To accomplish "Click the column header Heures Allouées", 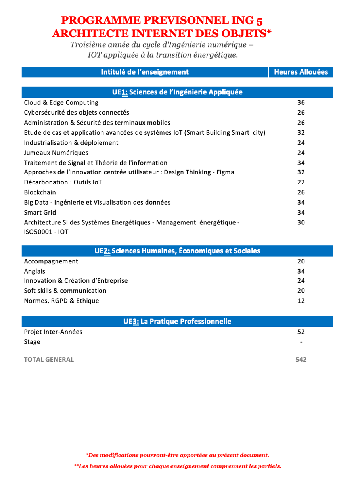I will click(x=301, y=72).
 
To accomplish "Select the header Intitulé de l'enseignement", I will click(x=145, y=72).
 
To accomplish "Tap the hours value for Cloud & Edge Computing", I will click(x=301, y=102).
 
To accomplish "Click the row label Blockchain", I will click(x=40, y=192).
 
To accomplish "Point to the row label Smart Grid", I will click(x=40, y=213).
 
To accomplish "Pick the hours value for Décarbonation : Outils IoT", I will click(x=301, y=182).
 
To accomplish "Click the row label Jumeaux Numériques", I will click(x=56, y=153).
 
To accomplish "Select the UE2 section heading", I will click(x=177, y=251).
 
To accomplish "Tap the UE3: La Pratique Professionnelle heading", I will click(x=177, y=321).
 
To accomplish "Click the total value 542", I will click(x=301, y=360).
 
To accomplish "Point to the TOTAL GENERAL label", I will click(x=49, y=360).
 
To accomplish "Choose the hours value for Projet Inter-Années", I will click(x=301, y=332).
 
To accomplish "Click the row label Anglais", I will click(x=34, y=271).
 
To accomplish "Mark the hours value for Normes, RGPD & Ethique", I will click(x=301, y=301).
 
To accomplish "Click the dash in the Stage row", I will click(x=301, y=342).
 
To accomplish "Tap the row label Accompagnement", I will click(x=51, y=261).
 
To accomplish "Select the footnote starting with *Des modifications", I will click(x=177, y=455).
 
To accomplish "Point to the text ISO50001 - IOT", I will click(x=46, y=232).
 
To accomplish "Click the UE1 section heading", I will click(x=177, y=92).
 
